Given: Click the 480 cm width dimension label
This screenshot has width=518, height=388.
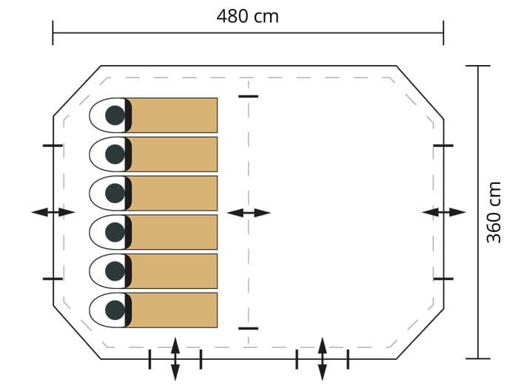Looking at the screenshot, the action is tap(247, 16).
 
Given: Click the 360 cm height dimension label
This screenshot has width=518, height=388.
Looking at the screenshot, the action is tap(494, 212).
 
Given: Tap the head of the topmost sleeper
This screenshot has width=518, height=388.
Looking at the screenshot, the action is tap(115, 115).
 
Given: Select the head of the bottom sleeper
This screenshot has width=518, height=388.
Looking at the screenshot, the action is tap(115, 310).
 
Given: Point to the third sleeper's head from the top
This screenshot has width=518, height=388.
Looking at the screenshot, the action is tap(115, 194).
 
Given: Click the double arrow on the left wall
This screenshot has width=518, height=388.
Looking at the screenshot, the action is tap(53, 212).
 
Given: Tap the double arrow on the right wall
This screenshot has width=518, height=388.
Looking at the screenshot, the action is tap(444, 212).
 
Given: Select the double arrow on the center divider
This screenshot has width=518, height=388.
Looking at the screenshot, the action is tap(249, 213).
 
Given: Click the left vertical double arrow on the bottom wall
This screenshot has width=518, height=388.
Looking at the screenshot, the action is tap(175, 358).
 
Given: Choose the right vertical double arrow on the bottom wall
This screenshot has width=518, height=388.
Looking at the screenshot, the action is tap(323, 358).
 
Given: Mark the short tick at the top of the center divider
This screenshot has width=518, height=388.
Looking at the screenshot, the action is tap(249, 96).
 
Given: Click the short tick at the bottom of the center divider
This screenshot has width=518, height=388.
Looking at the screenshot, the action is tap(249, 328).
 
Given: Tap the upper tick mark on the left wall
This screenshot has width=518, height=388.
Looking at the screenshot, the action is tap(53, 146).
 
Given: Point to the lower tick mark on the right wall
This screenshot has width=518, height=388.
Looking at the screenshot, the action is tap(443, 279).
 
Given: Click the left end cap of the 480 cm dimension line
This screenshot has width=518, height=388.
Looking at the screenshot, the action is tap(53, 33).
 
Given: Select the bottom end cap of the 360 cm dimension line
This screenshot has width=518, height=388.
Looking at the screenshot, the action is tap(478, 358).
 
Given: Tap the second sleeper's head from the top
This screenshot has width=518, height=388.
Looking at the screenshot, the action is tap(115, 154).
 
